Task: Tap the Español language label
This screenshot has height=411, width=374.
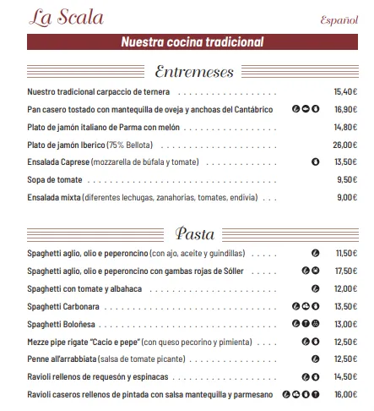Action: click(x=339, y=20)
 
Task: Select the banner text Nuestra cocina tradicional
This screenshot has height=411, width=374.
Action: click(x=192, y=42)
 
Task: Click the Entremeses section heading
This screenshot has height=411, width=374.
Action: click(x=194, y=72)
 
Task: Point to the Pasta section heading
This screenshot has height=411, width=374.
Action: click(x=194, y=233)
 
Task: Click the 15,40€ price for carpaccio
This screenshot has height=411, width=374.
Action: click(x=346, y=92)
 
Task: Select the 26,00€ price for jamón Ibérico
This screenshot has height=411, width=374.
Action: click(x=346, y=145)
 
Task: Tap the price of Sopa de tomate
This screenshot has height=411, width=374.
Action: click(x=348, y=179)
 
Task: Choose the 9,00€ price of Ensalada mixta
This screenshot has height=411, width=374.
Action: click(x=348, y=197)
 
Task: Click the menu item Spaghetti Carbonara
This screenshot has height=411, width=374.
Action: click(x=63, y=306)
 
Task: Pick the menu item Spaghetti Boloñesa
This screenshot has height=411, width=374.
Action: click(x=62, y=324)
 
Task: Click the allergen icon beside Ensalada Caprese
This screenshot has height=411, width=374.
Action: click(x=315, y=162)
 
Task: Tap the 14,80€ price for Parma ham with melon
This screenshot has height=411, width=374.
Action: click(x=346, y=127)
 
